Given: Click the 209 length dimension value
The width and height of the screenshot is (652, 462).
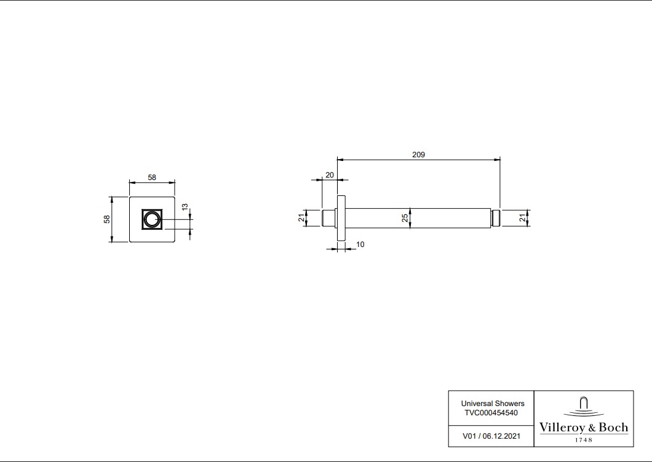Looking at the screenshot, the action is click(x=418, y=155).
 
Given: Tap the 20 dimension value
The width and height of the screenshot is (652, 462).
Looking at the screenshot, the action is click(x=329, y=175).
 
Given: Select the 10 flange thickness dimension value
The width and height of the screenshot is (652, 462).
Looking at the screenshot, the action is click(x=360, y=245).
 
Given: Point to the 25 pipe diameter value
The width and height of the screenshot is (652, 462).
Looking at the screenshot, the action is click(x=405, y=218).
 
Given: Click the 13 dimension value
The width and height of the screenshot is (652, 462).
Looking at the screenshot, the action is click(x=185, y=206).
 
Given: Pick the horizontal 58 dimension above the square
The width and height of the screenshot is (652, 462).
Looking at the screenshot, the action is click(x=152, y=178).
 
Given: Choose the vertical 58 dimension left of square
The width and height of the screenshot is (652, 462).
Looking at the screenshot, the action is click(x=107, y=219).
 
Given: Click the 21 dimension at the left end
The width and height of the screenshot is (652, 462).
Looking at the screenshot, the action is click(x=301, y=217).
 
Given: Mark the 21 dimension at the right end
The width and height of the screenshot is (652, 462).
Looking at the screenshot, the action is click(x=523, y=217).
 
